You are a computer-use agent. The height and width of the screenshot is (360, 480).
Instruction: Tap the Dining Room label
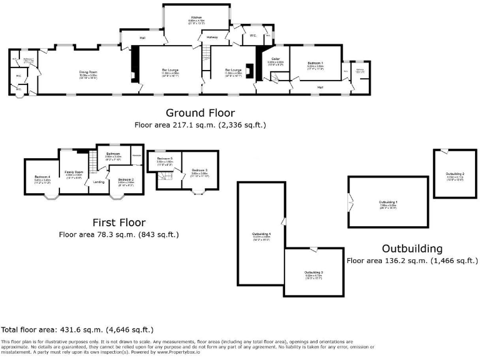coord(87,72)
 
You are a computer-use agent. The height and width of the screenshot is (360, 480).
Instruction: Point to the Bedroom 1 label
coord(315,64)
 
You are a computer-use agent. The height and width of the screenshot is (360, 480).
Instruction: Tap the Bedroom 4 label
coord(42,177)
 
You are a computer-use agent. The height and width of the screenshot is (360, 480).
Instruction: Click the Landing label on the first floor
coord(99,182)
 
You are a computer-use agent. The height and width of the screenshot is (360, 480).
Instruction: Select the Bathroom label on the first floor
coord(112,153)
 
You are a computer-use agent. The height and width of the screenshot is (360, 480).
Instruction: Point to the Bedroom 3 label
coord(199,170)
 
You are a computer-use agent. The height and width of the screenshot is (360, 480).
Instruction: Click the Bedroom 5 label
coord(164,159)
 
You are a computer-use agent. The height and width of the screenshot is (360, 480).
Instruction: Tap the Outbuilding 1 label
coord(388,202)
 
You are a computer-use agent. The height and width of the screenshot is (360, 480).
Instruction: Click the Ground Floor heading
coord(200,113)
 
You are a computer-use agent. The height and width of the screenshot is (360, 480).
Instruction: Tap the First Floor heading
coord(119,222)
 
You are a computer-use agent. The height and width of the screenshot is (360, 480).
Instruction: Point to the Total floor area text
coord(77,329)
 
